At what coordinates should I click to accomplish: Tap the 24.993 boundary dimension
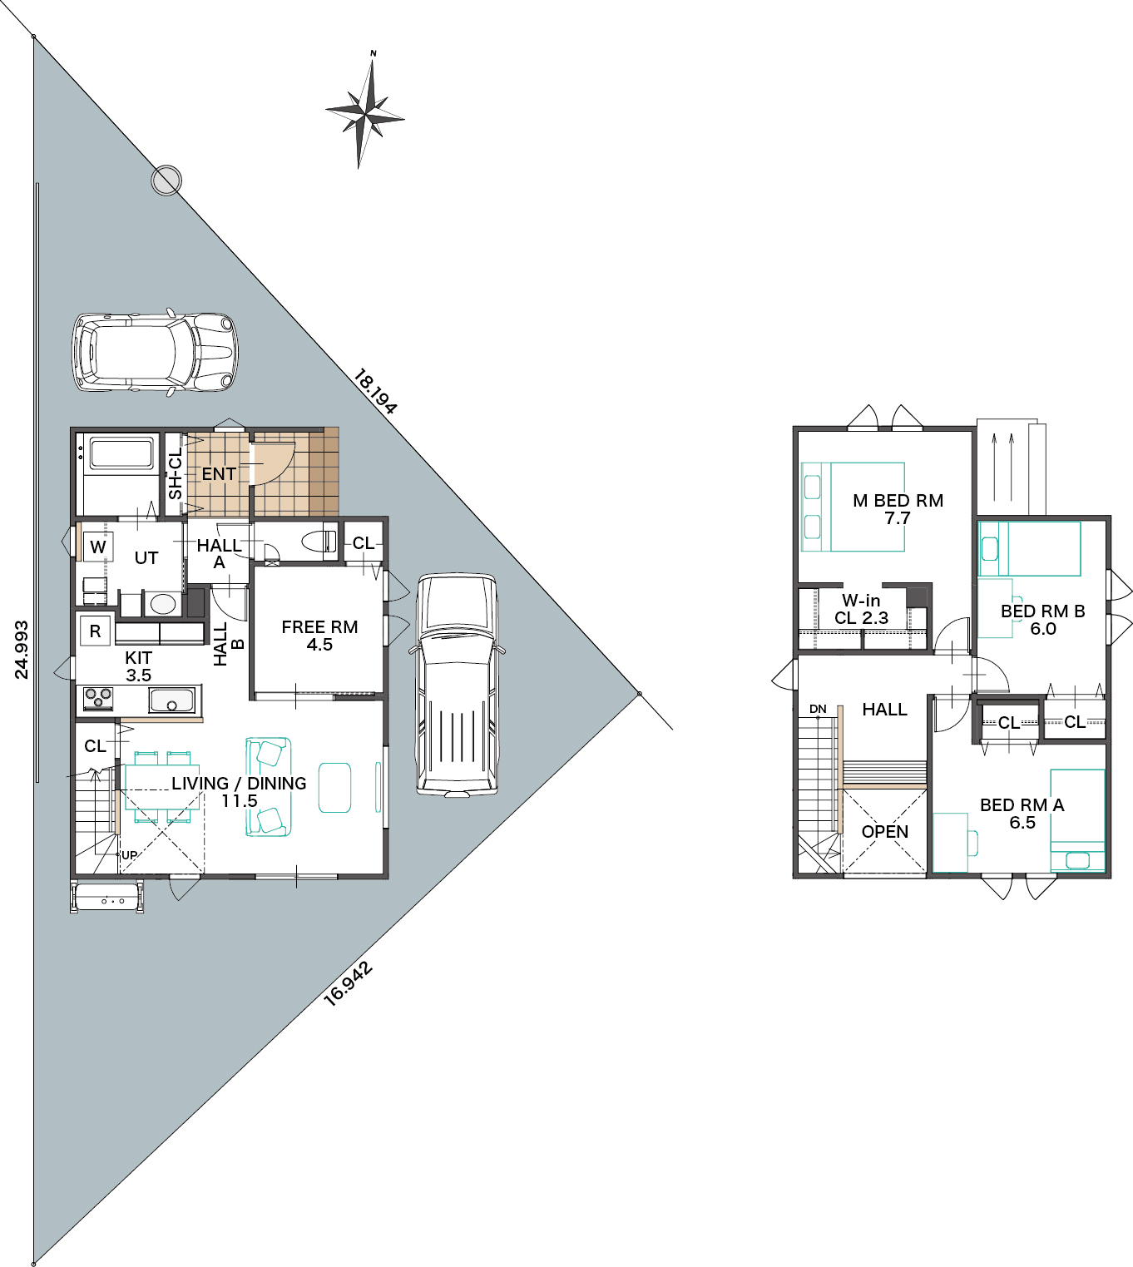click(22, 649)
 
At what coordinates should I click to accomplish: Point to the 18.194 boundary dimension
click(375, 392)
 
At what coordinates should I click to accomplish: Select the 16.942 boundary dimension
click(348, 983)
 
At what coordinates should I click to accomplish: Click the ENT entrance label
click(219, 474)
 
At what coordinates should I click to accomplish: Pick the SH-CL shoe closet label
click(175, 473)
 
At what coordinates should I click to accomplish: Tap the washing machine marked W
click(97, 547)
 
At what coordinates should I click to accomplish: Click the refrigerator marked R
click(95, 631)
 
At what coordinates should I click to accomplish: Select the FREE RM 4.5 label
click(319, 636)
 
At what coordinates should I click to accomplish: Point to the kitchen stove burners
click(98, 697)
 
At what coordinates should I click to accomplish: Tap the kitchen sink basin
click(171, 700)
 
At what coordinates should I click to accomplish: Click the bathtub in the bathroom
click(121, 453)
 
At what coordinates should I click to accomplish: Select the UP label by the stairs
click(129, 855)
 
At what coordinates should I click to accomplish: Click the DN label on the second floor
click(818, 709)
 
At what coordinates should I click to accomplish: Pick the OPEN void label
click(885, 832)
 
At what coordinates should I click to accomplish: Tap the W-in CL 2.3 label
click(861, 609)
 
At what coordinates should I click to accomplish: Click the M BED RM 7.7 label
click(898, 509)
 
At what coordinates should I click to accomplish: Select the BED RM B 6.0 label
click(1043, 620)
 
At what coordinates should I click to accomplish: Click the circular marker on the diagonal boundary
click(166, 181)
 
